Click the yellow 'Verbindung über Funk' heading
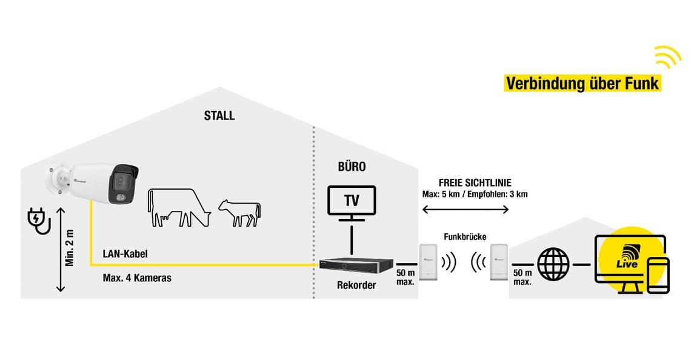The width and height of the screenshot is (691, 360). (x=582, y=83)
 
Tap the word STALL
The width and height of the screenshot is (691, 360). (x=219, y=116)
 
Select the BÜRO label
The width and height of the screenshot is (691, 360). (x=352, y=166)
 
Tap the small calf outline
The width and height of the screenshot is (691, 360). (x=240, y=213)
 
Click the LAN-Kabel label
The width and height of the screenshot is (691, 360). (x=125, y=255)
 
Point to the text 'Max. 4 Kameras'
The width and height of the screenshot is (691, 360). (x=137, y=279)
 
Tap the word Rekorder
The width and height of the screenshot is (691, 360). (x=356, y=285)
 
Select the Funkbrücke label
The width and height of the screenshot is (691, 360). (x=465, y=236)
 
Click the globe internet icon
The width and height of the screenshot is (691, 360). (x=553, y=264)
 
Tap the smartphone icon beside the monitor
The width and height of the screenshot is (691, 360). (x=658, y=275)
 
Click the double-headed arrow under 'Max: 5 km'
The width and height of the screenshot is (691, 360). (x=466, y=210)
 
